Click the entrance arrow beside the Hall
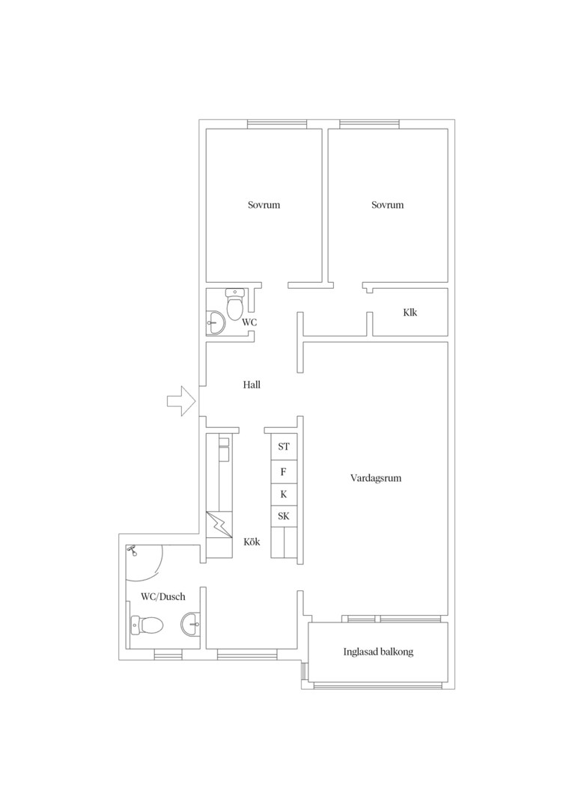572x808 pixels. point(180,400)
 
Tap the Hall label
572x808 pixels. point(252,385)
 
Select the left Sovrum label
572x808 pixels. point(264,205)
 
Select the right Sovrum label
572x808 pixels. point(387,205)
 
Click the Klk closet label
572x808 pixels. point(410,312)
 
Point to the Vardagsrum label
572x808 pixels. point(376,478)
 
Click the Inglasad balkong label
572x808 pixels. point(379,652)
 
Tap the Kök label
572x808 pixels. point(252,542)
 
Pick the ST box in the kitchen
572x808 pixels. point(285,447)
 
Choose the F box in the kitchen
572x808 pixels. point(285,472)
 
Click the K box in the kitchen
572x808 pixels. point(285,495)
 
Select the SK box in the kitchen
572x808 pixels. point(285,516)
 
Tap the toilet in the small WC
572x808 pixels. point(234,304)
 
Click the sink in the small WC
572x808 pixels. point(216,324)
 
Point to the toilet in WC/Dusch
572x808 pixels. point(147,625)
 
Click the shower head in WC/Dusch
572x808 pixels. point(133,551)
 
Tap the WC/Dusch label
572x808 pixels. point(163,597)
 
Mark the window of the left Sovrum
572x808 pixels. point(277,124)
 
